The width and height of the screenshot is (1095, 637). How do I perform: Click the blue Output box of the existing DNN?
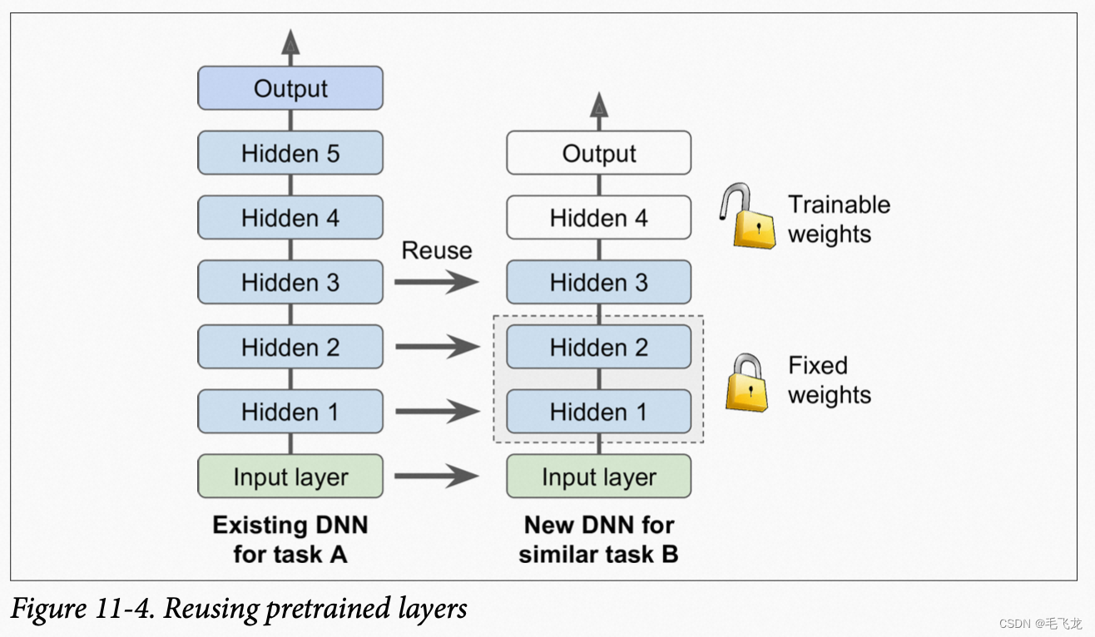(290, 88)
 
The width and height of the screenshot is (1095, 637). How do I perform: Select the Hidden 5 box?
(290, 152)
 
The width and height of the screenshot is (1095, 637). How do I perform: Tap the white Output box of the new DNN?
(599, 152)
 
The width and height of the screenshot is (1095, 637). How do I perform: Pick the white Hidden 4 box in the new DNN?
(599, 217)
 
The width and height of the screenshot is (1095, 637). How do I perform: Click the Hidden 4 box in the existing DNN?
(290, 217)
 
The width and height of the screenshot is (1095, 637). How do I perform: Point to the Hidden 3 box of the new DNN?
(599, 282)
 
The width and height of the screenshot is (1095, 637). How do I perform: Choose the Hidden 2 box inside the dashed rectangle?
(599, 346)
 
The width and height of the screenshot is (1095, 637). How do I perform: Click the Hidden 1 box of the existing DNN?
(290, 412)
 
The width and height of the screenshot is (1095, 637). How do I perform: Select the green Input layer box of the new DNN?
(599, 477)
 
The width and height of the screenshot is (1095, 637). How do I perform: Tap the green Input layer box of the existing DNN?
(290, 477)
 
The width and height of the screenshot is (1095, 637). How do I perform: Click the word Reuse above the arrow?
(437, 250)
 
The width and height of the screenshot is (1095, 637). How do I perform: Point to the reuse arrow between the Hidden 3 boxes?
(437, 282)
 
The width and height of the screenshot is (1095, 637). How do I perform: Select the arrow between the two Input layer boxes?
(437, 477)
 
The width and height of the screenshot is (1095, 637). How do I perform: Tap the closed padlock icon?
(746, 383)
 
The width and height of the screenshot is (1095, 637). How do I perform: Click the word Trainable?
(839, 205)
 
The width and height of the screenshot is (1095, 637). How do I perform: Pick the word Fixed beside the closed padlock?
(818, 365)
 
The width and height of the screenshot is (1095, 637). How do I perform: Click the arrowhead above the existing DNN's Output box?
(290, 42)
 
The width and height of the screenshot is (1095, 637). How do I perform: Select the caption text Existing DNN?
(290, 525)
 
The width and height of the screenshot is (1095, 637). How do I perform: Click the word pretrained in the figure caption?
(328, 610)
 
